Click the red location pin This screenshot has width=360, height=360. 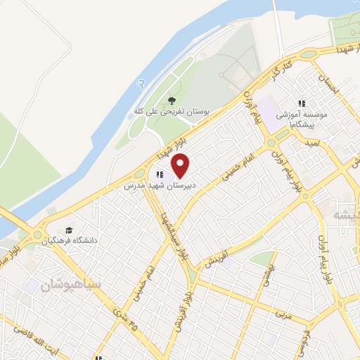pyautogui.click(x=181, y=165)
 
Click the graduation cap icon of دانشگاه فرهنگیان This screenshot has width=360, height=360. pyautogui.click(x=69, y=230)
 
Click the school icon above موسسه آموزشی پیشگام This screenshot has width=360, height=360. pyautogui.click(x=302, y=103)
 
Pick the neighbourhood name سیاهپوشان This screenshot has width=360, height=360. pyautogui.click(x=70, y=285)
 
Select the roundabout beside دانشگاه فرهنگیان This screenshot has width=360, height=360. pyautogui.click(x=35, y=235)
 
